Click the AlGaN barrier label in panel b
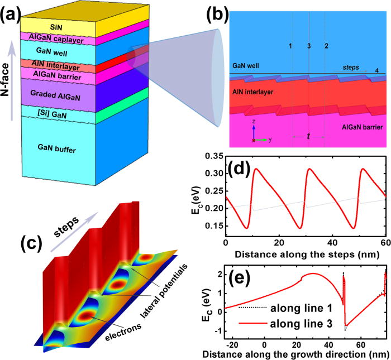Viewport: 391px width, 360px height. [359, 128]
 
